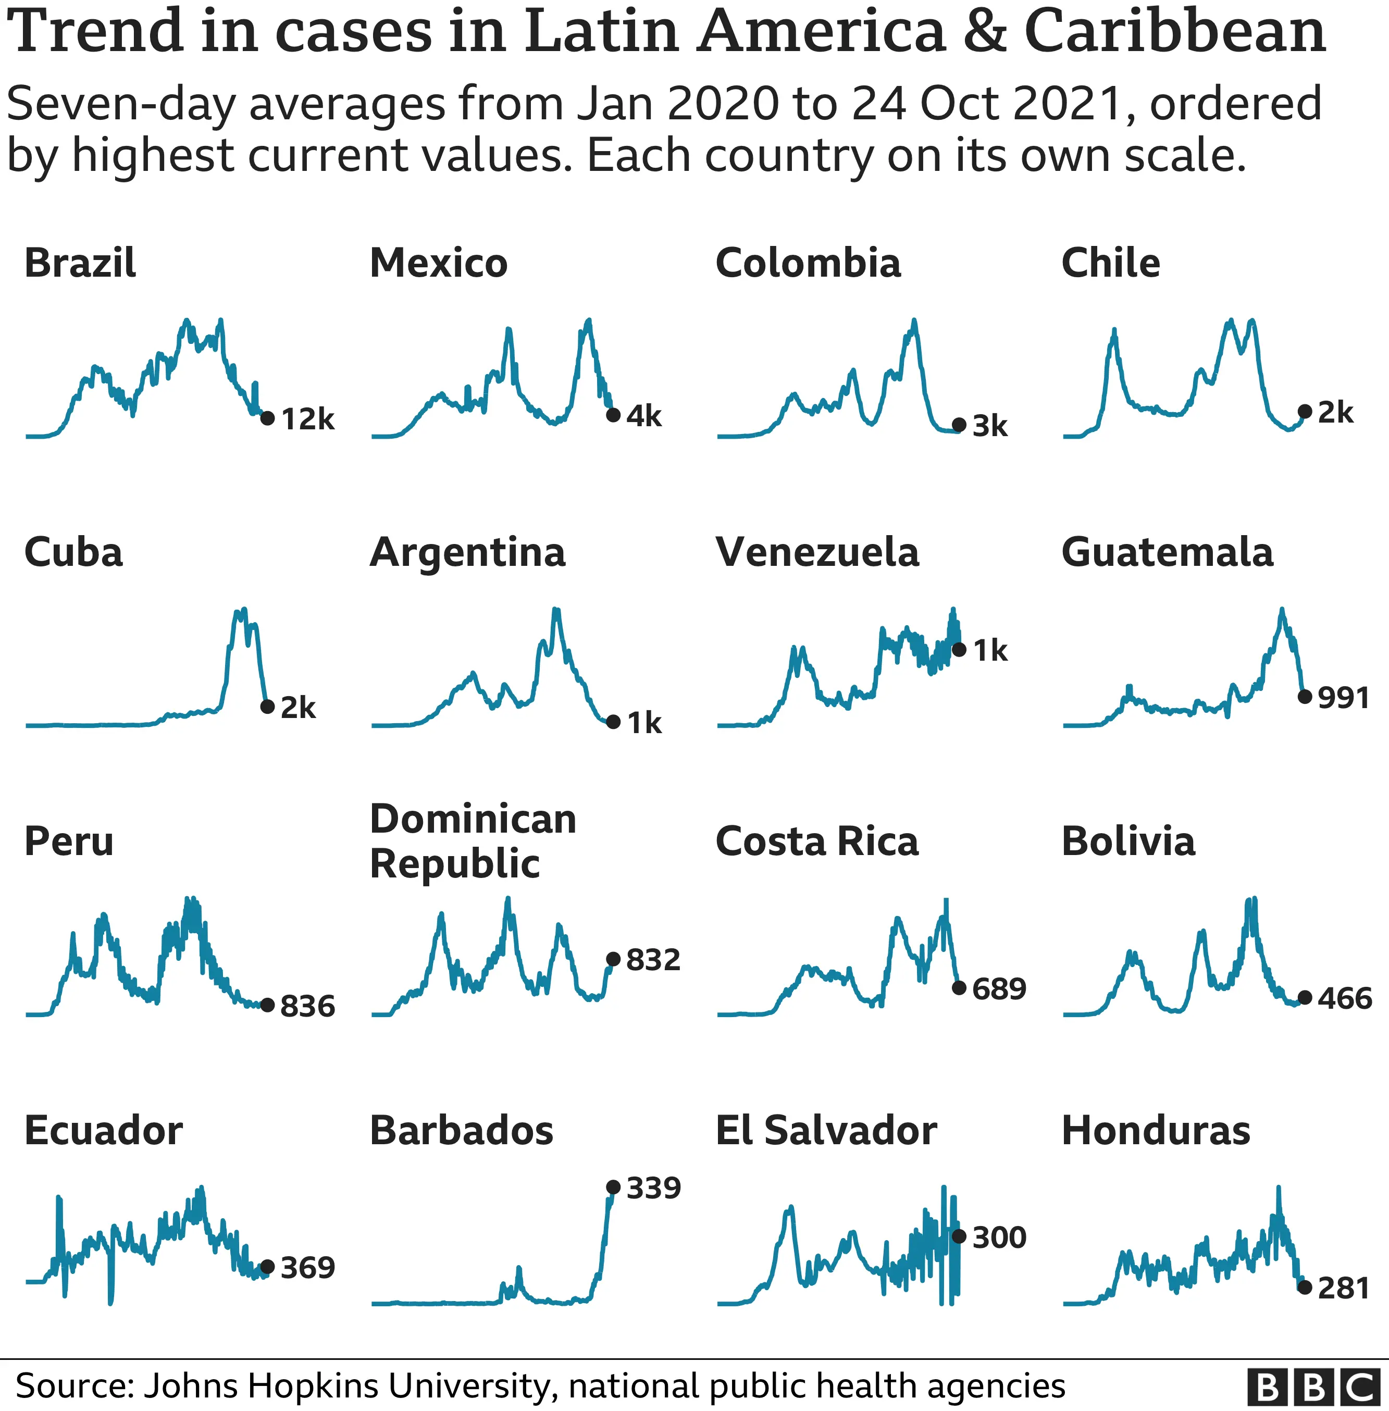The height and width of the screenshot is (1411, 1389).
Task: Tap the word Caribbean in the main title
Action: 1174,33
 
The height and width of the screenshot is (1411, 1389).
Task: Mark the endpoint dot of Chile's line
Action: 1305,412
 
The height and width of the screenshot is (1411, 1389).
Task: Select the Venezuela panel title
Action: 817,552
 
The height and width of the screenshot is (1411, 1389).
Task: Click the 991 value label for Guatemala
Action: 1344,698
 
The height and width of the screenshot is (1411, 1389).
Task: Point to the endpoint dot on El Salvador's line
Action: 959,1236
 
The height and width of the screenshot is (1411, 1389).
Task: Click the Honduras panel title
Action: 1156,1131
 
